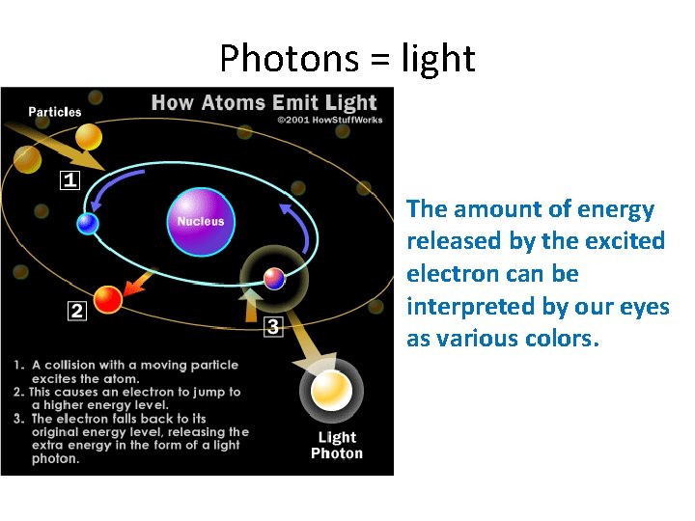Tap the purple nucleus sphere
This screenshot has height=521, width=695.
click(200, 221)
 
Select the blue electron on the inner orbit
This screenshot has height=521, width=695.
click(88, 224)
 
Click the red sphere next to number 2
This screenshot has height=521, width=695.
click(108, 300)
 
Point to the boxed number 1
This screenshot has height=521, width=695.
click(70, 180)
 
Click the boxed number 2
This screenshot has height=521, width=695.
click(75, 310)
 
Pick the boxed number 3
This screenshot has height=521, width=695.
click(273, 326)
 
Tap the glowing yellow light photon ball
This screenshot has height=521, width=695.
click(332, 391)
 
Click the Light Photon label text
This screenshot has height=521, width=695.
click(336, 445)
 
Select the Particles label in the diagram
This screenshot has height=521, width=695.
click(55, 112)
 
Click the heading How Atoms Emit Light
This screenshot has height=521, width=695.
click(264, 103)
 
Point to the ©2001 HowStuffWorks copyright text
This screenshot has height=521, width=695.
click(329, 121)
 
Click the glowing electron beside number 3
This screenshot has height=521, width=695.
click(274, 280)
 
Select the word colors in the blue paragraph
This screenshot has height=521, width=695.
click(565, 339)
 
